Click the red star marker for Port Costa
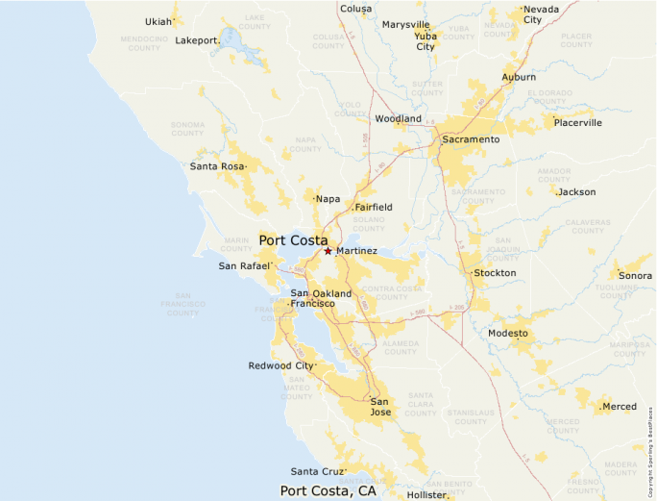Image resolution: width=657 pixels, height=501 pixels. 328,251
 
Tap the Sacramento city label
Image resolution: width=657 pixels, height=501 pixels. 471,139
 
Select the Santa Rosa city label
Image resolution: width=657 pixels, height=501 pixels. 217,166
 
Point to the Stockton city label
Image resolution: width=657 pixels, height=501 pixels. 495,273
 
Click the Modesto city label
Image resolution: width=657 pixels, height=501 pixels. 508,333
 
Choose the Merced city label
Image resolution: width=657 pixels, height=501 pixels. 619,407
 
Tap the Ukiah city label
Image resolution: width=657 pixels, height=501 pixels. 158,21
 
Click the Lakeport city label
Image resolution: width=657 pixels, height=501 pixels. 198,40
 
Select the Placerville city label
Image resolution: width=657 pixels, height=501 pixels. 578,123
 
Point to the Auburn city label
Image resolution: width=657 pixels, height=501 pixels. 519,77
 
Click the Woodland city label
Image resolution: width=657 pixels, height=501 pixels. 398,119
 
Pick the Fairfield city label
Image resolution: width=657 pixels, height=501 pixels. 373,207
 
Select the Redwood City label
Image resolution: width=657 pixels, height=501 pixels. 280,365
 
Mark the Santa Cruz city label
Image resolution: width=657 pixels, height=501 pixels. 318,471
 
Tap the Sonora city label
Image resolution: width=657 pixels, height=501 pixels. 635,276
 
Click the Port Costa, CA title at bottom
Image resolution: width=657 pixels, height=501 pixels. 328,490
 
